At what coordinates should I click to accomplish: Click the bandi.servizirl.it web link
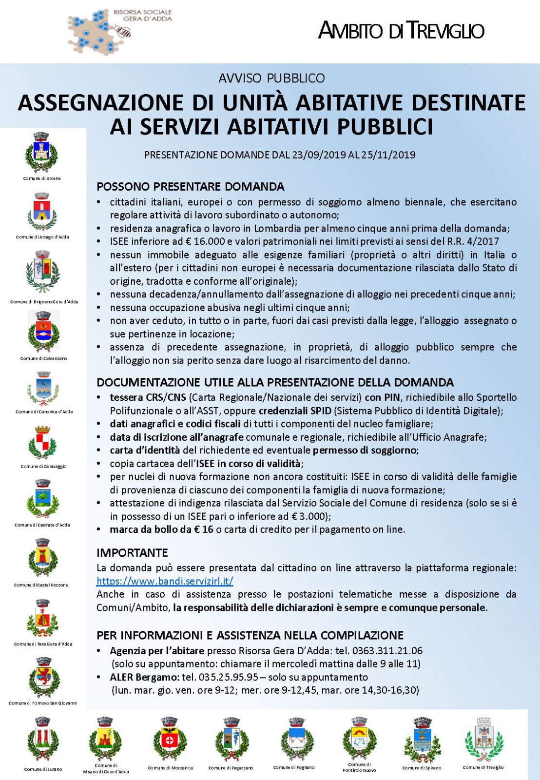tap(165, 581)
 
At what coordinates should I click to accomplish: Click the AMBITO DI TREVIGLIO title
tap(401, 31)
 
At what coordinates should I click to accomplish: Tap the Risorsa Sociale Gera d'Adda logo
tap(120, 30)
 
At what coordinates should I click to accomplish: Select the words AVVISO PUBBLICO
tap(271, 78)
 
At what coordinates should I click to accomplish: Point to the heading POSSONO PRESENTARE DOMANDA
tap(190, 187)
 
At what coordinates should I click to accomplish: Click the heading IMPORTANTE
tap(132, 553)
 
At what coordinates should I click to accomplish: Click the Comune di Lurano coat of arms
tap(43, 740)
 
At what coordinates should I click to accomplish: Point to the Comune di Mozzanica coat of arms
tap(170, 740)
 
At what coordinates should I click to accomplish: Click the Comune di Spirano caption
tap(421, 768)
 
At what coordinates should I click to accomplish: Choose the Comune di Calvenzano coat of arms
tap(43, 331)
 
